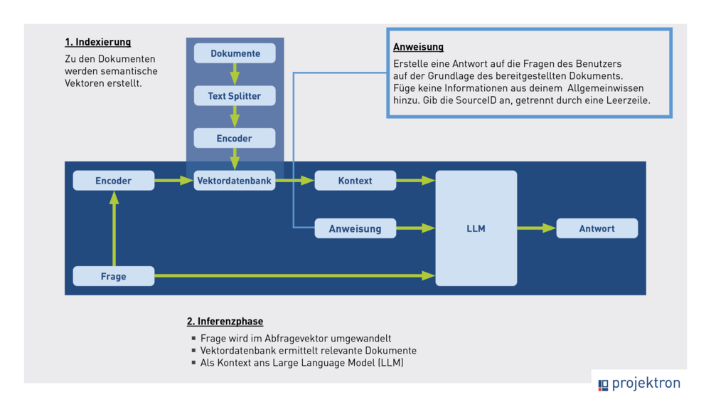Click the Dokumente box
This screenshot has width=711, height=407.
click(x=235, y=53)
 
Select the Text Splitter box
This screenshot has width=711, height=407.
click(x=235, y=96)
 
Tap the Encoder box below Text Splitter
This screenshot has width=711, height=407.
click(x=235, y=138)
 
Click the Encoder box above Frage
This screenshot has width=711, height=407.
click(x=114, y=181)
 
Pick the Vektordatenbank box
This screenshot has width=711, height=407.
click(x=235, y=181)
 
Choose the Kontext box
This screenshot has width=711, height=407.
click(x=355, y=181)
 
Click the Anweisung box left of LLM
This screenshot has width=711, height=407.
click(x=355, y=228)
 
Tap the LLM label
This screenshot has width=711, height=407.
click(x=476, y=228)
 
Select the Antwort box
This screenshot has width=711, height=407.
click(x=597, y=228)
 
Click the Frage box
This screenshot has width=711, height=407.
click(x=114, y=276)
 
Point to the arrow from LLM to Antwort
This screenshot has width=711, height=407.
click(x=536, y=228)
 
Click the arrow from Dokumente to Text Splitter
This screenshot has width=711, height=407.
click(x=235, y=74)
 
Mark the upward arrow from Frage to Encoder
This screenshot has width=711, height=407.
click(x=114, y=228)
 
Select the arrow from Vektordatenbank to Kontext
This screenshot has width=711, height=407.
click(x=294, y=181)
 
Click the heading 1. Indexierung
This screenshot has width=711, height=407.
click(x=97, y=43)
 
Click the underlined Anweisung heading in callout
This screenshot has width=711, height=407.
click(x=418, y=47)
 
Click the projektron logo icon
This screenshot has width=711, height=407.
click(x=603, y=385)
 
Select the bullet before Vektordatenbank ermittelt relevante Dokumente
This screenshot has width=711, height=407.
click(x=193, y=351)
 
